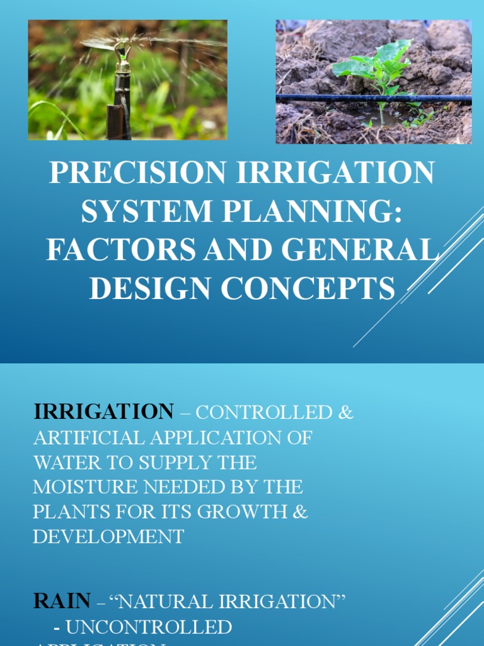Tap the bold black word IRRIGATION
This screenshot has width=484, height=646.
tap(103, 412)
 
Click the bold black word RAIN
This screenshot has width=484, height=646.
tap(62, 601)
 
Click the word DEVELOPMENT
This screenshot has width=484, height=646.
tap(108, 537)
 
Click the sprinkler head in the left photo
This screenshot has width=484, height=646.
tap(123, 47)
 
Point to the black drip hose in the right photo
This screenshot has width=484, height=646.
tap(328, 98)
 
